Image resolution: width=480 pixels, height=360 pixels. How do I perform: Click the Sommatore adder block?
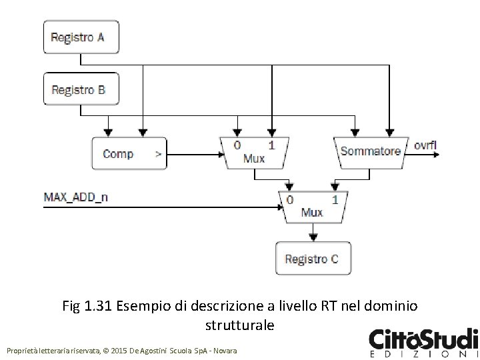[371, 151]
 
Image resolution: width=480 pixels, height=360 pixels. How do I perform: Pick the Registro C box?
[313, 258]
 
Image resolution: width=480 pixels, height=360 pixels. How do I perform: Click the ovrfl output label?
[425, 145]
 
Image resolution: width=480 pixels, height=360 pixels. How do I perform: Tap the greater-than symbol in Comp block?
[158, 154]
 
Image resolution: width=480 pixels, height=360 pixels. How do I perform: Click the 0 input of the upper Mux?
[237, 145]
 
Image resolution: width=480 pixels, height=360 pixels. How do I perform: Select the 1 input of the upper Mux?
[271, 145]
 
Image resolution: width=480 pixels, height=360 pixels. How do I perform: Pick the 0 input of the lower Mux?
[289, 199]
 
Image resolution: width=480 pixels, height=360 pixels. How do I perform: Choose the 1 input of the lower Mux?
[334, 199]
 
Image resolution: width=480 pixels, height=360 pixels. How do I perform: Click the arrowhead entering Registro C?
[312, 237]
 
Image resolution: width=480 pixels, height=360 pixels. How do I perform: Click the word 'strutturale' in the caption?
[237, 327]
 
